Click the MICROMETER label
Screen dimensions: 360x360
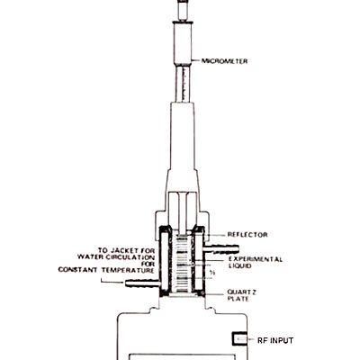(x=225, y=61)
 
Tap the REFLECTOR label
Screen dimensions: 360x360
(x=247, y=235)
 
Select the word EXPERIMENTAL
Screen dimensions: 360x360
(x=256, y=259)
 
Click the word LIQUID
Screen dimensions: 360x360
(x=240, y=266)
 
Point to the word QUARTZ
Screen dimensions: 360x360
(x=242, y=292)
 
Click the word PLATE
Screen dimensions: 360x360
(x=238, y=299)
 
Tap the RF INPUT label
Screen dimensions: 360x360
(x=275, y=341)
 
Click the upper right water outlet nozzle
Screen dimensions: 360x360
(x=221, y=248)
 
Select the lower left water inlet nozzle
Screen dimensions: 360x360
(x=142, y=283)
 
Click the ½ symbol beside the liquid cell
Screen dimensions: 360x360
(x=212, y=273)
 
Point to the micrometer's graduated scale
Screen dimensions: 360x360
(x=183, y=85)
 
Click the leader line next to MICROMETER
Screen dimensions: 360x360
(x=196, y=61)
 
